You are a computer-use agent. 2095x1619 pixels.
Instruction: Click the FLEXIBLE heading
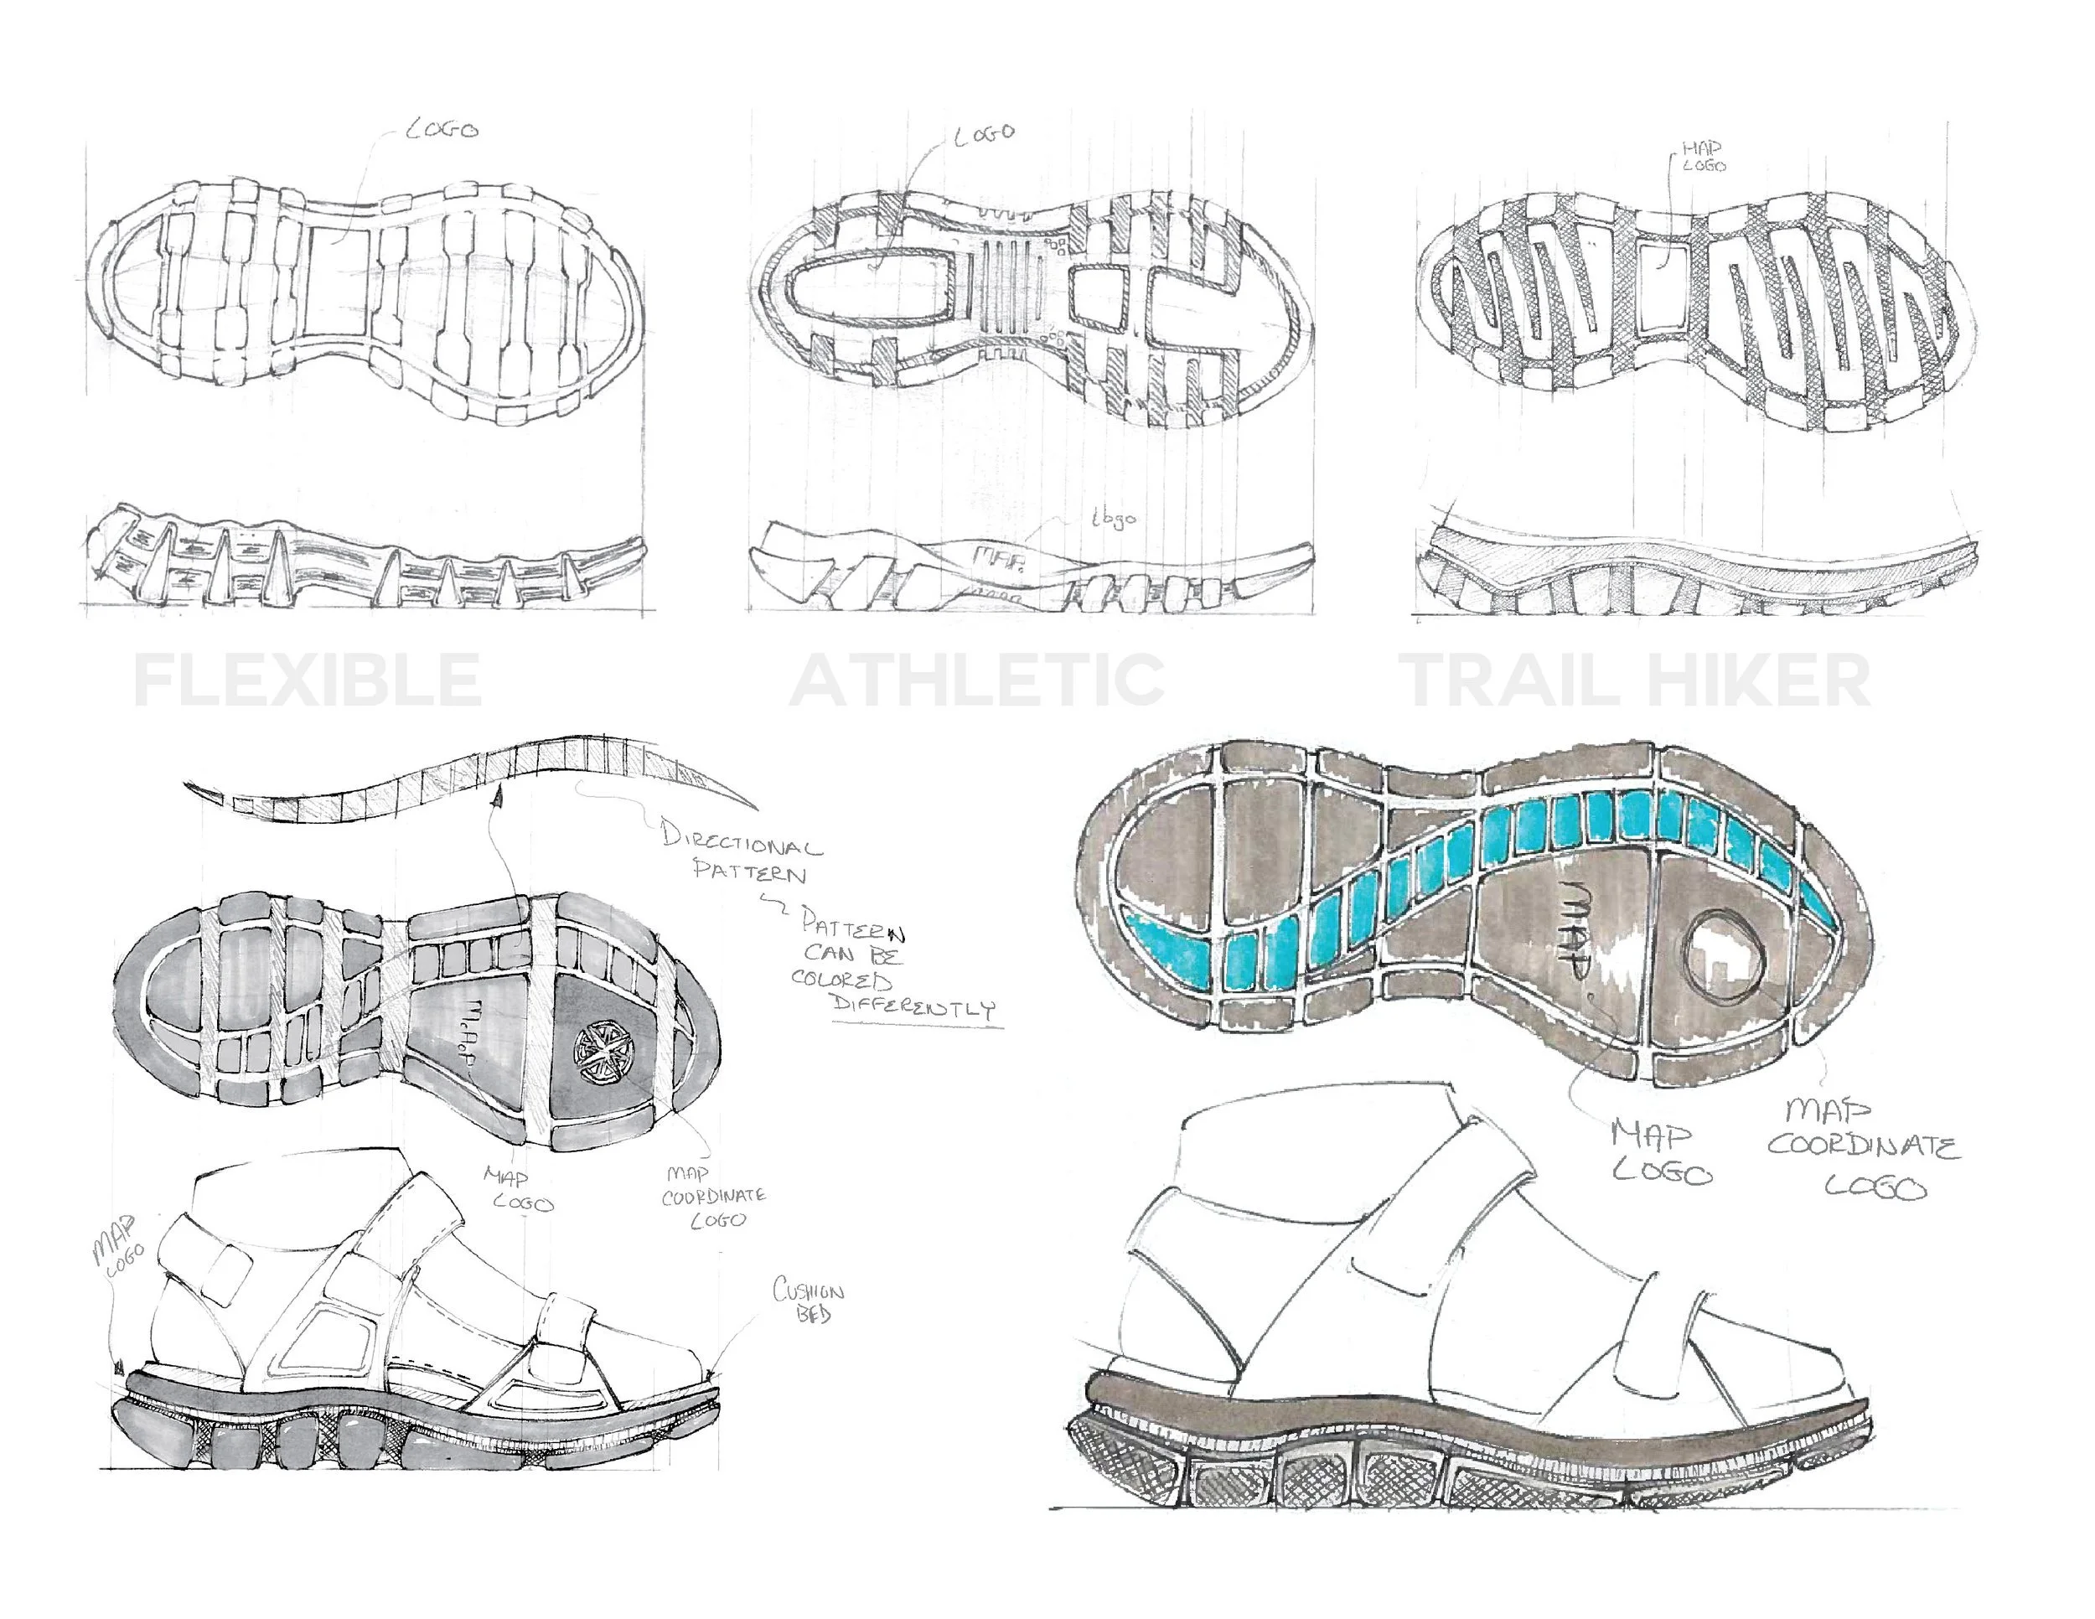point(307,679)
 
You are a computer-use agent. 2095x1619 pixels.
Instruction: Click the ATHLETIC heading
point(976,679)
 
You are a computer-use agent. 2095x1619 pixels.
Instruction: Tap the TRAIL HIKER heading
point(1637,679)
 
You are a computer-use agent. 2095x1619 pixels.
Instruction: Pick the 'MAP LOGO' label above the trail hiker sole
point(1703,157)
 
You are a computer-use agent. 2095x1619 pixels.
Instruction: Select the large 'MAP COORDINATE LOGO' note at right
point(1861,1149)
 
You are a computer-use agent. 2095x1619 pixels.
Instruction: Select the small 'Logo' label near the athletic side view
point(1113,518)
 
